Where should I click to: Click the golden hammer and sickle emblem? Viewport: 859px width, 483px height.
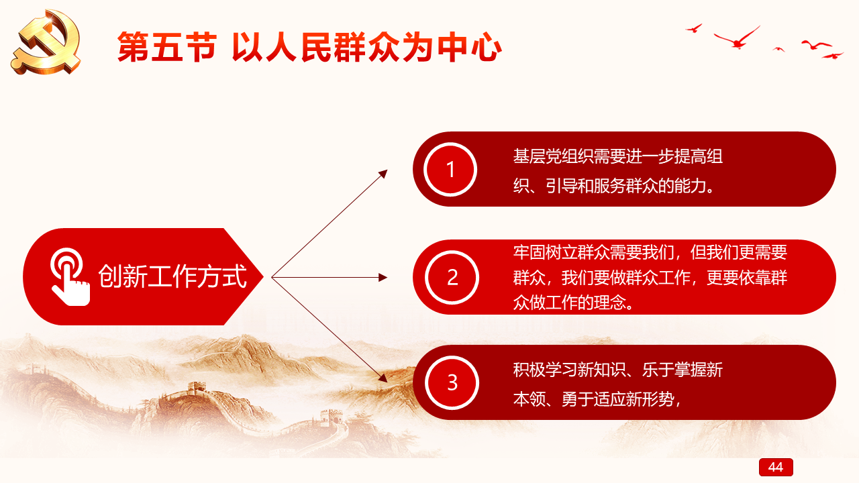point(46,42)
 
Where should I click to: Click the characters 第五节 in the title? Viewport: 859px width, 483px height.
point(167,47)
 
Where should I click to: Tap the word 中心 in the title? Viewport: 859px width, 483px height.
point(469,47)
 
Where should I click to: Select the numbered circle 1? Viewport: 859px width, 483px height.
point(450,170)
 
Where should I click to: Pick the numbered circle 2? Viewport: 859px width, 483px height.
point(452,277)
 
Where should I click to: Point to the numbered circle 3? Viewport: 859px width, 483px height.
point(452,382)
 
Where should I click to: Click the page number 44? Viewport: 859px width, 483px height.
point(776,467)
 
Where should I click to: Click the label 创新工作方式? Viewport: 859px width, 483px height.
point(172,276)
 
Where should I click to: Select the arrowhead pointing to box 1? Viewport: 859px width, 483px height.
point(383,174)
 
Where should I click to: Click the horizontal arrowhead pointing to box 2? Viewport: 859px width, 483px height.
point(383,277)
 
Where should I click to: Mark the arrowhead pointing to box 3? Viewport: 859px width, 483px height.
point(383,378)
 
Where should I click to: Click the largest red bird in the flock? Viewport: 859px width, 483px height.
point(737,38)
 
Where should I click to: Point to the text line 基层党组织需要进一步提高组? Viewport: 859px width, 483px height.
point(618,156)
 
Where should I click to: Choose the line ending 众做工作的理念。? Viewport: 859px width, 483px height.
point(574,303)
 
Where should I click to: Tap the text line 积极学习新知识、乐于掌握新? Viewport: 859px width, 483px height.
point(618,370)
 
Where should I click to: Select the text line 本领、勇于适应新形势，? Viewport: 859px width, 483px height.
point(597,399)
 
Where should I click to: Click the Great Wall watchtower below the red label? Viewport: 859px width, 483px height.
point(197,388)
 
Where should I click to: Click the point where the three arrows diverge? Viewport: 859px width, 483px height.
point(272,277)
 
